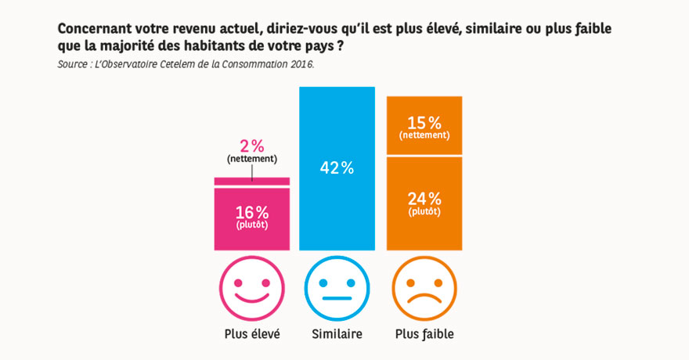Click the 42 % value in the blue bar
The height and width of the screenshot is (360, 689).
337,167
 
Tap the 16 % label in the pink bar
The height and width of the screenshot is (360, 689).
252,212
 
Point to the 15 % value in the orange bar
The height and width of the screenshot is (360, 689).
424,122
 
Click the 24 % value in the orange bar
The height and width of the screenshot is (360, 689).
424,198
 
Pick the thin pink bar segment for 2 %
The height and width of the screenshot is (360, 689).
252,182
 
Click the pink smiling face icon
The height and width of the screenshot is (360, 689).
252,286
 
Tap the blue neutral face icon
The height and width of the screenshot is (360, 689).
337,286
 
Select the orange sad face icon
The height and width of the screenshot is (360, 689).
424,286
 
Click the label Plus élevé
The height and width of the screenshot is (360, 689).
252,334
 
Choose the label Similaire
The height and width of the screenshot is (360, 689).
337,334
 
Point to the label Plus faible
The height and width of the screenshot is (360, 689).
424,334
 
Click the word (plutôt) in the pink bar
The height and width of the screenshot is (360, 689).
252,225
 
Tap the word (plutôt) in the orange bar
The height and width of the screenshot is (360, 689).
424,211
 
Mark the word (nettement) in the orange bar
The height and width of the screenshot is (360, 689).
424,135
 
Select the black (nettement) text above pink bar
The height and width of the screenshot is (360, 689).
252,160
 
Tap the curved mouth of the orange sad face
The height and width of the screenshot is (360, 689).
424,297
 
